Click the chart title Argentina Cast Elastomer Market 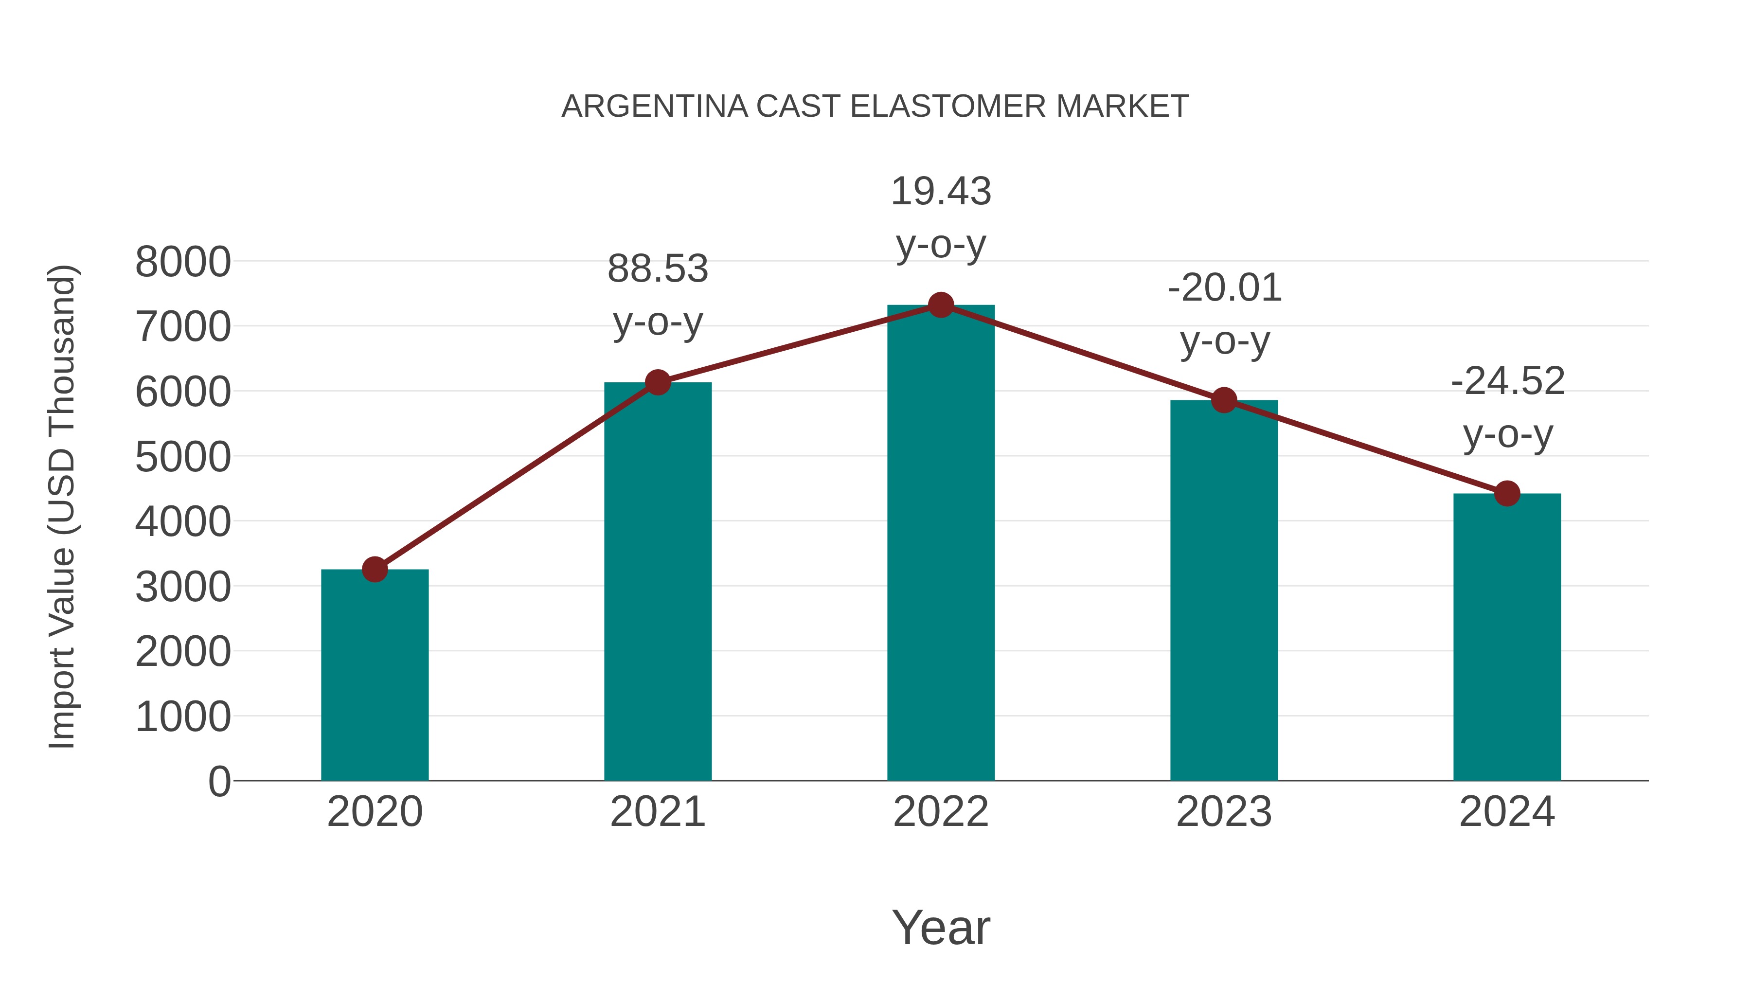tap(875, 107)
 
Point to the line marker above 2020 tap(375, 569)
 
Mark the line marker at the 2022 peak tap(941, 305)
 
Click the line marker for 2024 tap(1507, 494)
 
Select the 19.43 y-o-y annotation tap(941, 217)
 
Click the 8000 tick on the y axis tap(183, 262)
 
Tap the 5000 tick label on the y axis tap(183, 457)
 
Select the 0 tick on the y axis tap(219, 781)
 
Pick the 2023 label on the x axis tap(1224, 812)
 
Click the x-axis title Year tap(941, 927)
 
